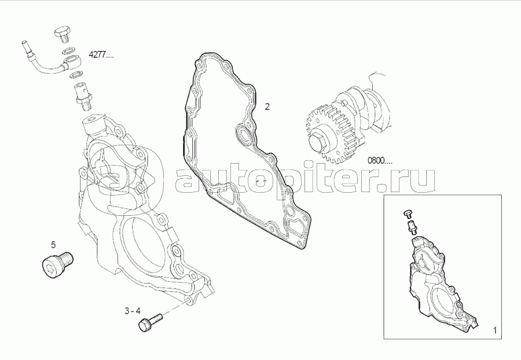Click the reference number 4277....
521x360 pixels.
(101, 55)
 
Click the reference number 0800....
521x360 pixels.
(380, 161)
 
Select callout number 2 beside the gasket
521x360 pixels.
(267, 106)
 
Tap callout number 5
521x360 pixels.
(53, 245)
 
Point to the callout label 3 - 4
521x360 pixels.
(133, 311)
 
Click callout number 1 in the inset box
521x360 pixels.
(495, 330)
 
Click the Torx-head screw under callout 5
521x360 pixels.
(57, 265)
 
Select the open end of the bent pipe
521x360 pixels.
(24, 43)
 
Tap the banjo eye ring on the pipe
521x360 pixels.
(71, 63)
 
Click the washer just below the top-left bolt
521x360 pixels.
(69, 51)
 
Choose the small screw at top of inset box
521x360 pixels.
(408, 213)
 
